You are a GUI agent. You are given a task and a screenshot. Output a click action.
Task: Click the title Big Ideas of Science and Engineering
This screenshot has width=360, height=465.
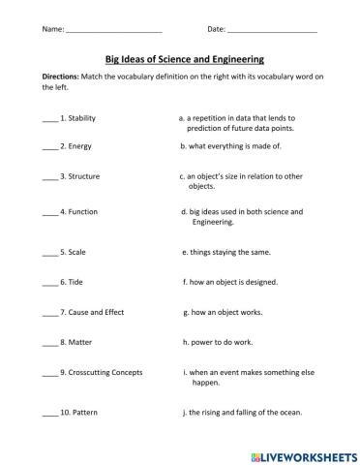tap(179, 58)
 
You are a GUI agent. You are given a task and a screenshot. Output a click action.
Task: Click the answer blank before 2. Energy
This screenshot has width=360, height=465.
tap(50, 147)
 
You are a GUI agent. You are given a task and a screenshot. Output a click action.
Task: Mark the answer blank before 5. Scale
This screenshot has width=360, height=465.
tap(50, 252)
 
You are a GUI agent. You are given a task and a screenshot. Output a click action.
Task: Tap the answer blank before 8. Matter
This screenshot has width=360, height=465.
tap(50, 342)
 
